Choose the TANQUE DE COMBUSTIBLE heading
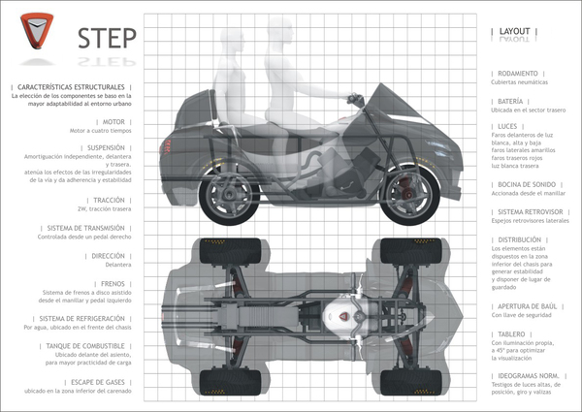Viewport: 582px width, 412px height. coord(77,345)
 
